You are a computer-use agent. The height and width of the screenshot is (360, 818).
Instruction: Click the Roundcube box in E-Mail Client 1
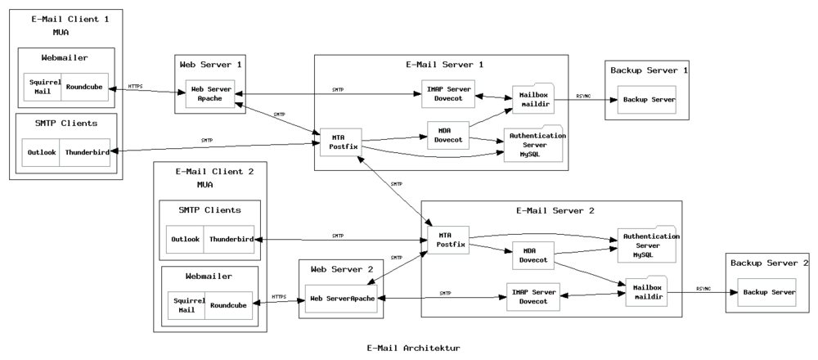85,87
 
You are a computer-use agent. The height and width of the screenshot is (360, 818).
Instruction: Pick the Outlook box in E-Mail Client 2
185,240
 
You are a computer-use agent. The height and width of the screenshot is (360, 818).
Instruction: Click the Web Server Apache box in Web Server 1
210,94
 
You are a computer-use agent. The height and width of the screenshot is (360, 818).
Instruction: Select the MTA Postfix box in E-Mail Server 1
341,142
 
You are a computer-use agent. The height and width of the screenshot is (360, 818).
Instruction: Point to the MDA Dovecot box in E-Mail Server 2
533,255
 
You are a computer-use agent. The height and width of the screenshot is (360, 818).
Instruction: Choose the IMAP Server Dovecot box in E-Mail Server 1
448,94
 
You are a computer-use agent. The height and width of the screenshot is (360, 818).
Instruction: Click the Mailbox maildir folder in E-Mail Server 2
647,291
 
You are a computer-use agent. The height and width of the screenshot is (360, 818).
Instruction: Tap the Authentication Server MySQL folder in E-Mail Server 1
533,144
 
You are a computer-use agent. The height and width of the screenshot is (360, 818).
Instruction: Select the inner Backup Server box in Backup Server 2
767,292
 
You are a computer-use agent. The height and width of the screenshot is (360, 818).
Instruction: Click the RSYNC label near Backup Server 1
583,96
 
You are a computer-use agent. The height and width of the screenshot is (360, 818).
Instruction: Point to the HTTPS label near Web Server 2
279,297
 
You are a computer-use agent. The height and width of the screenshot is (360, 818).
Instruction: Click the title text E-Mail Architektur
413,348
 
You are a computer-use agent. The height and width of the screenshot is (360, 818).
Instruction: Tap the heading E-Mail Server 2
555,211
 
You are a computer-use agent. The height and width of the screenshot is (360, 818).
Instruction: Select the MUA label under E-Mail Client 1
61,33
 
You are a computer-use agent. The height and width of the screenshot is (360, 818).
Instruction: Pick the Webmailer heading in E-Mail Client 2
209,276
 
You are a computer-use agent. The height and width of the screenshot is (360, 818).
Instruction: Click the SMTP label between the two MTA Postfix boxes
397,184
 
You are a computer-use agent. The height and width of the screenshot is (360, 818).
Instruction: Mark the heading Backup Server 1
649,70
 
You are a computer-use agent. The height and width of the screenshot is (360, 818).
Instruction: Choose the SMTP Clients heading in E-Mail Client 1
65,124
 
